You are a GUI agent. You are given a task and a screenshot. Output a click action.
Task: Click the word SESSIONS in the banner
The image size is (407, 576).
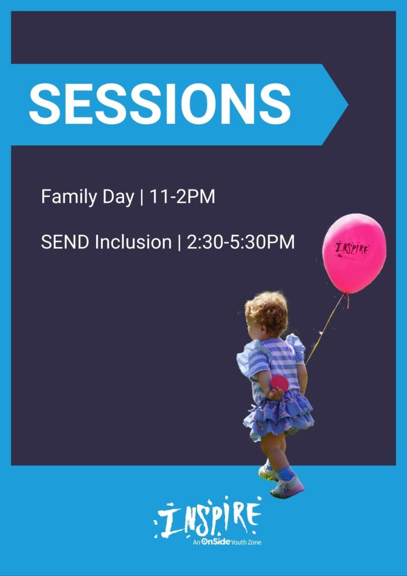pyautogui.click(x=160, y=104)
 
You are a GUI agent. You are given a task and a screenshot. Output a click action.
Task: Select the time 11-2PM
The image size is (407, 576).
pyautogui.click(x=182, y=197)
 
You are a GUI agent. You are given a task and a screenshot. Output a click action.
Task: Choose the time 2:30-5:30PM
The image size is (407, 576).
pyautogui.click(x=241, y=242)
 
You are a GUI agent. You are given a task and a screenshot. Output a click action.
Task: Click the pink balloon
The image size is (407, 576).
pyautogui.click(x=354, y=254)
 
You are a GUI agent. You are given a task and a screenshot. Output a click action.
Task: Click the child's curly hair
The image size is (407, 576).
pyautogui.click(x=267, y=312)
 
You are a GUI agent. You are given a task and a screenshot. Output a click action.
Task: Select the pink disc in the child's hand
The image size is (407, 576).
pyautogui.click(x=279, y=383)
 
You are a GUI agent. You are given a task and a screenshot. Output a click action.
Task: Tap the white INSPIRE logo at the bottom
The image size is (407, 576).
pyautogui.click(x=207, y=517)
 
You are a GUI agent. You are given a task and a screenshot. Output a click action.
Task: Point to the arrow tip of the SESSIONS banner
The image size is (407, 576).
pyautogui.click(x=347, y=105)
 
